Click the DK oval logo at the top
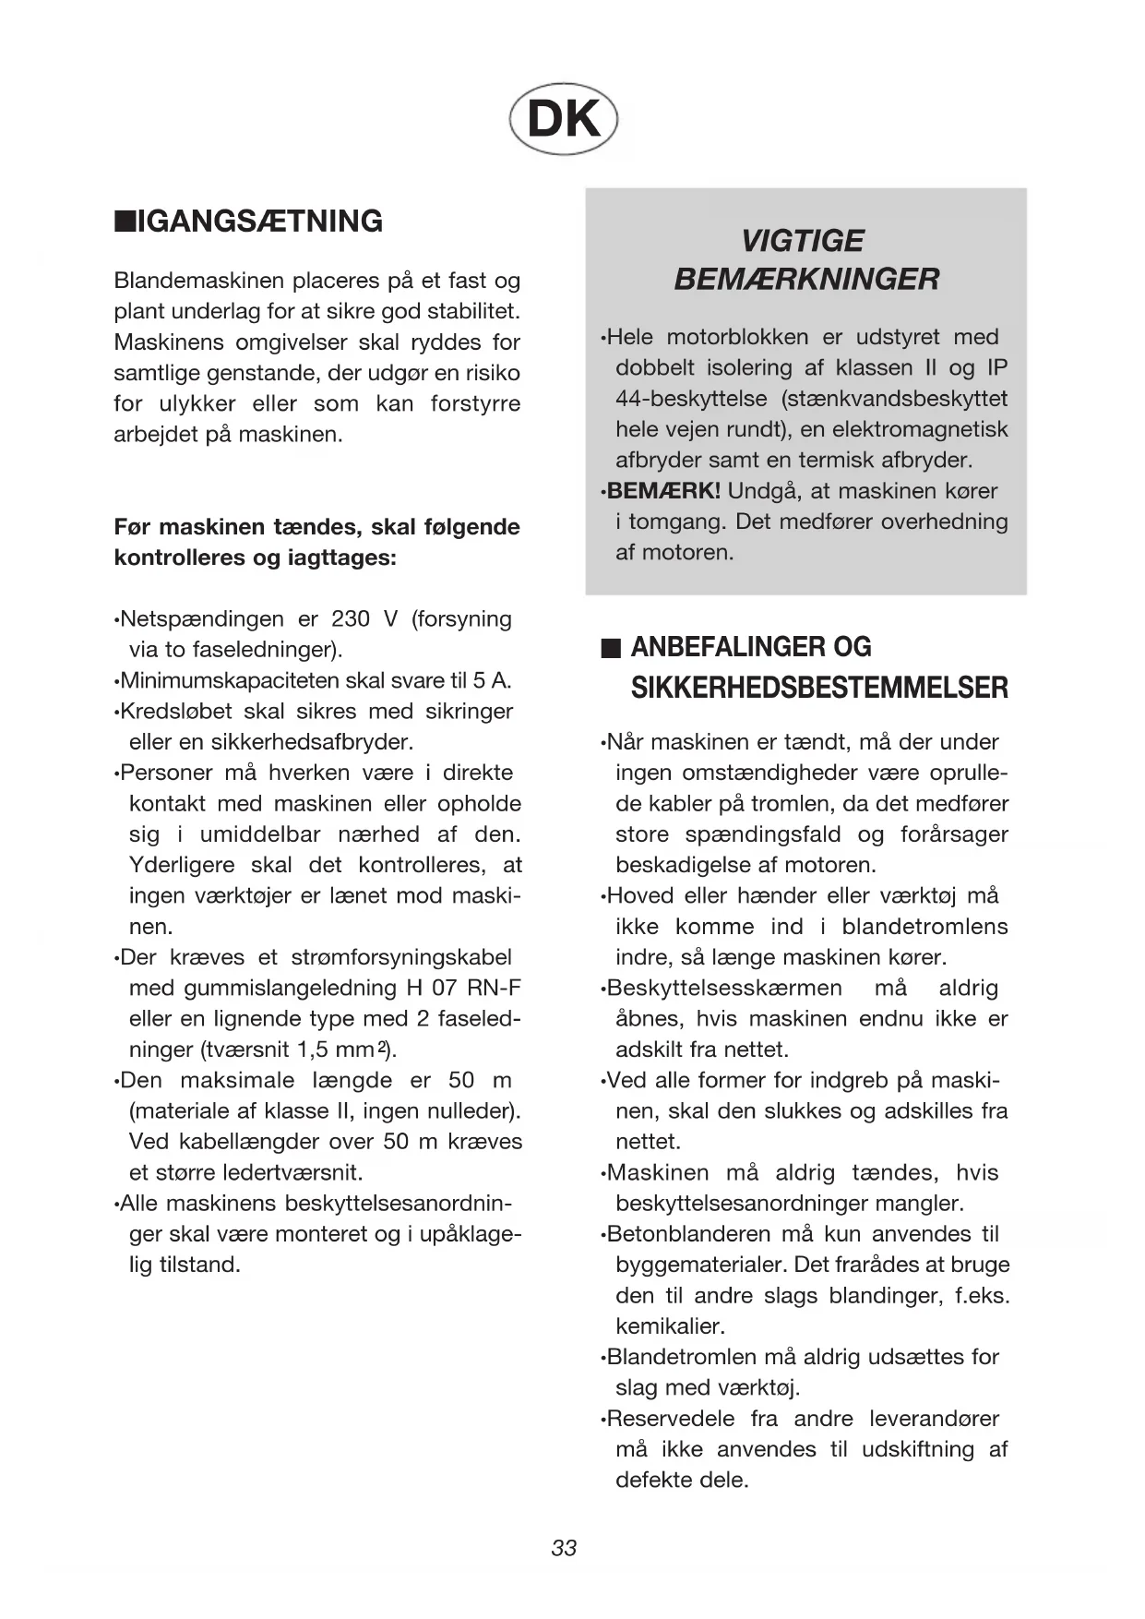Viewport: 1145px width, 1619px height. click(563, 120)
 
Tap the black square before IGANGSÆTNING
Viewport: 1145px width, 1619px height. click(124, 222)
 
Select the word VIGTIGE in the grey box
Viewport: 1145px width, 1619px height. click(802, 241)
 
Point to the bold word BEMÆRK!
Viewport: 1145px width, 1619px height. click(663, 491)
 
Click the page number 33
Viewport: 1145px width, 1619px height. click(564, 1548)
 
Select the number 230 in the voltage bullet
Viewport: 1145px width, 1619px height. click(350, 619)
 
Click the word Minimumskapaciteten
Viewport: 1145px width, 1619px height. click(230, 681)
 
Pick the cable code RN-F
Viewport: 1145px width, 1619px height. click(494, 989)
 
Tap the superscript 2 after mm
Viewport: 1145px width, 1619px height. click(381, 1048)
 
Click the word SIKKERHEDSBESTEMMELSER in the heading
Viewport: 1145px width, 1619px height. click(819, 689)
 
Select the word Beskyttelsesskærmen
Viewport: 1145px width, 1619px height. click(724, 989)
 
